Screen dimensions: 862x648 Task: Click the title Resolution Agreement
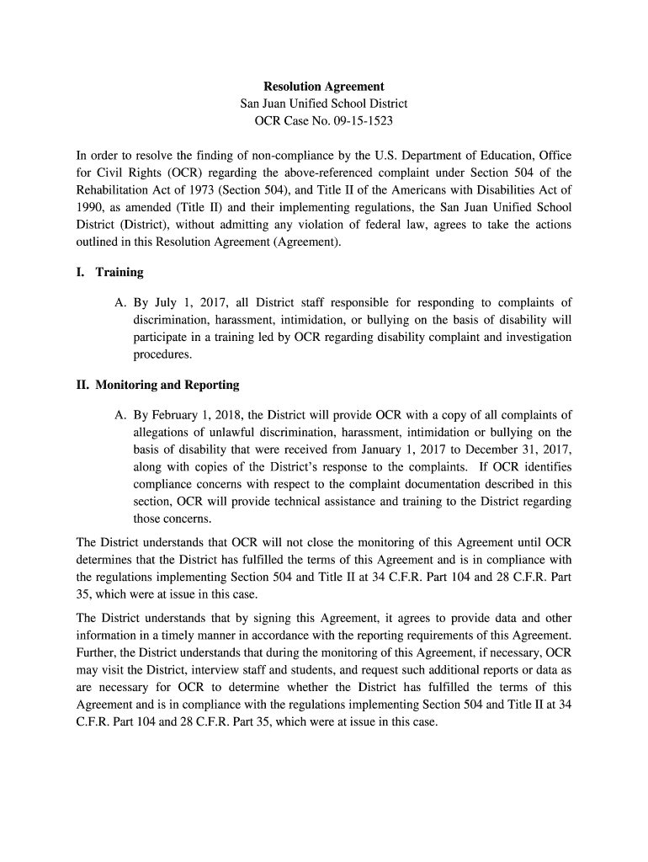point(324,87)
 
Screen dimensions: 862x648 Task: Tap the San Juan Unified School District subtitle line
point(324,104)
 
